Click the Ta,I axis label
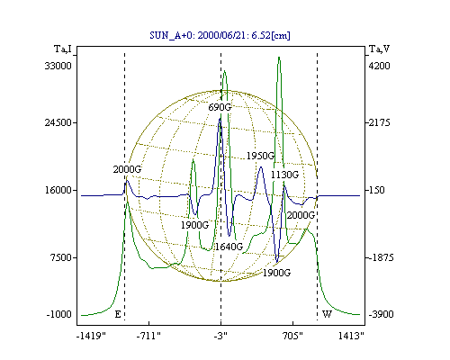[x=63, y=49]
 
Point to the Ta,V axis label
[x=379, y=49]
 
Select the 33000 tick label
[x=58, y=66]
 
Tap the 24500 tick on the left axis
[x=58, y=122]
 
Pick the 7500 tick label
[x=61, y=257]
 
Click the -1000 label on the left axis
[x=59, y=314]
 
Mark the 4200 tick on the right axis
[x=379, y=66]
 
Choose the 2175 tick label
[x=379, y=122]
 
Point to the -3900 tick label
[x=381, y=314]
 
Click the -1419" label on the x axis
[x=91, y=336]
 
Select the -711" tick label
[x=148, y=336]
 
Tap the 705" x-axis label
[x=292, y=336]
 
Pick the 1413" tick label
[x=351, y=336]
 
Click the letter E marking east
[x=118, y=314]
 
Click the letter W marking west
[x=327, y=314]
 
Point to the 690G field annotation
[x=220, y=107]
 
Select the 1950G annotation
[x=260, y=156]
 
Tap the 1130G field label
[x=284, y=175]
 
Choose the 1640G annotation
[x=229, y=247]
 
